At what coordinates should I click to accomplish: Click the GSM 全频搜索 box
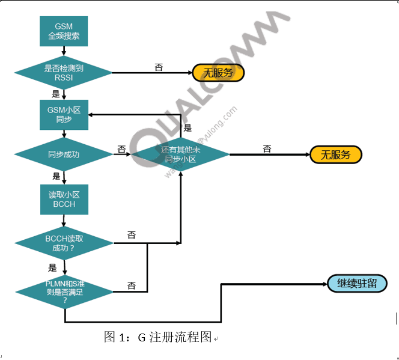point(64,31)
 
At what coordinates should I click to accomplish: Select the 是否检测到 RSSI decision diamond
point(64,73)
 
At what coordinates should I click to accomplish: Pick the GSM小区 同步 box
point(64,114)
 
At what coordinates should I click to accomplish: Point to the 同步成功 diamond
point(64,154)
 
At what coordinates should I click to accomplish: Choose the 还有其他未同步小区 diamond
point(181,154)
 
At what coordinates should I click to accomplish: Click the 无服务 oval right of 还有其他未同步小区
point(336,154)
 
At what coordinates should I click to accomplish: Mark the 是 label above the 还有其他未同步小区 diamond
point(187,127)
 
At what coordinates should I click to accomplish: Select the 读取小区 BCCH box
point(64,199)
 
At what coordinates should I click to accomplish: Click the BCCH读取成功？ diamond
point(64,243)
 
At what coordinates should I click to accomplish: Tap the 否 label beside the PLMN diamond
point(131,285)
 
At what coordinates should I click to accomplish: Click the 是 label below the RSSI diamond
point(56,94)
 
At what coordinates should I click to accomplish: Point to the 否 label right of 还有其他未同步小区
point(267,148)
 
